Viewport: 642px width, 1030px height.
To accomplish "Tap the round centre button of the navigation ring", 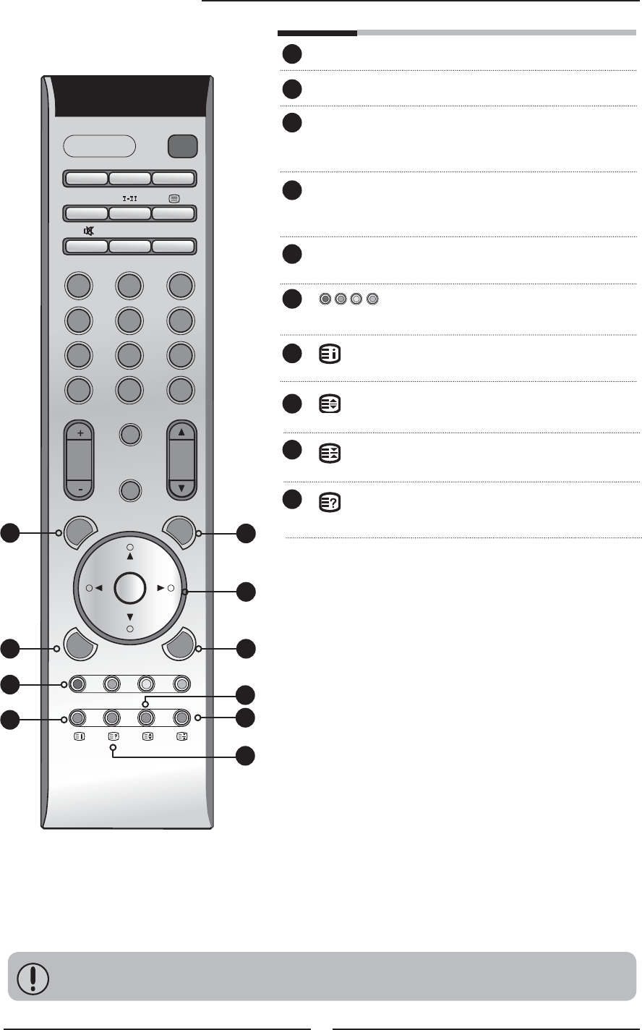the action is tap(130, 588).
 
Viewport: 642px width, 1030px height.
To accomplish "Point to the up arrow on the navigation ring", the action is tap(130, 558).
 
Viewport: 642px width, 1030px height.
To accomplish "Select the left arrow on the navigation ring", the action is tap(98, 589).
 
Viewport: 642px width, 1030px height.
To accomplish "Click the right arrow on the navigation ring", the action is tap(162, 589).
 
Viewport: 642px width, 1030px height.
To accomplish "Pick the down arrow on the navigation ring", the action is tap(130, 618).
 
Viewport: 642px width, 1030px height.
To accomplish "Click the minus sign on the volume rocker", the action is tap(79, 488).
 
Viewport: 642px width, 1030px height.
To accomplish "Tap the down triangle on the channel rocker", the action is tap(181, 488).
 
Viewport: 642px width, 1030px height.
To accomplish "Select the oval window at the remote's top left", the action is tap(100, 146).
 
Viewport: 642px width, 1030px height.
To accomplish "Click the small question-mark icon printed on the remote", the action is tap(113, 736).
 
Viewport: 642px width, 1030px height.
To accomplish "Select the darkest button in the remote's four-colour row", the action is tap(78, 684).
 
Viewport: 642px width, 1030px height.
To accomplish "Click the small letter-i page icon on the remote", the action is tap(79, 736).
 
